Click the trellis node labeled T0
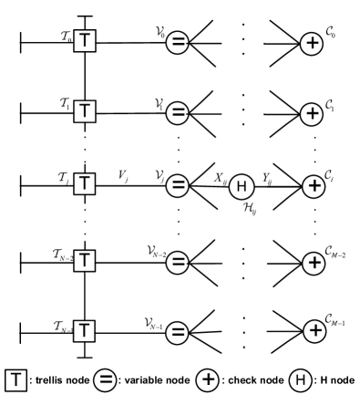pos(85,41)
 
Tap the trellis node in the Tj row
pos(85,183)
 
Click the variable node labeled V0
pos(180,41)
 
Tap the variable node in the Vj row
pos(180,183)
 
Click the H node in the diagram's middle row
pos(240,183)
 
